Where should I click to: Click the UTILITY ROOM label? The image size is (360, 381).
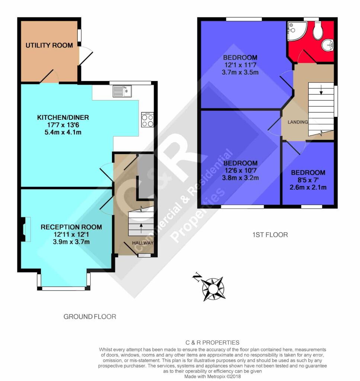coord(49,45)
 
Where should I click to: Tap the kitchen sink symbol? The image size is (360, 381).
coord(122,92)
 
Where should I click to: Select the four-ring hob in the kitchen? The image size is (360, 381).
coord(147,120)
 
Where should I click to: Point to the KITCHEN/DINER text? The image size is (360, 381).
coord(63,118)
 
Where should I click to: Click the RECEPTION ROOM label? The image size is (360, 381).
coord(71,227)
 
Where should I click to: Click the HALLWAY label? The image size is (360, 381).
coord(143,243)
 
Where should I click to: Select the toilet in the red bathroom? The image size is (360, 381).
coord(318,30)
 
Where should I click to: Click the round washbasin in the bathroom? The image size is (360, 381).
coord(328,45)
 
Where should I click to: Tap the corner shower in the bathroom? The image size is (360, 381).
coord(297,31)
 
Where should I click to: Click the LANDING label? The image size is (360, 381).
coord(298,122)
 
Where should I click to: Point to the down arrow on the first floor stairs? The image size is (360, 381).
coord(321,90)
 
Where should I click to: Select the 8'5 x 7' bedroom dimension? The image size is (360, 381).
coord(308,180)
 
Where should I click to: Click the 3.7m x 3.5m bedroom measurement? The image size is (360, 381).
coord(240,73)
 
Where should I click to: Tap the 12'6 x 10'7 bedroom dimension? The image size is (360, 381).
coord(240,170)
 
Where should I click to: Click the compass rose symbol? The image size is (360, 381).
coord(213,288)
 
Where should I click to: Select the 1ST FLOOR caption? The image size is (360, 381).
coord(270,235)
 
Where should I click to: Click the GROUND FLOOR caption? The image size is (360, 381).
coord(90,317)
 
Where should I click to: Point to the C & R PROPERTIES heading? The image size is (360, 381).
coord(212,343)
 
